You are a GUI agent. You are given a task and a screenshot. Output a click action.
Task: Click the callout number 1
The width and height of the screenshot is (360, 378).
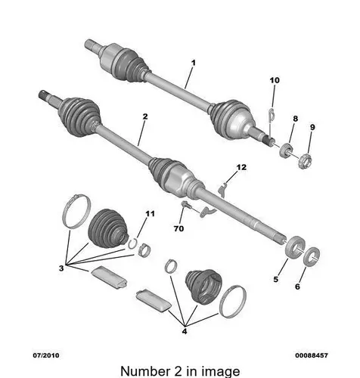tap(194, 63)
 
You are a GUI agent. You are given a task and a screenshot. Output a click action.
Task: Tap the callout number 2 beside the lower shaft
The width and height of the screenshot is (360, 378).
tap(145, 116)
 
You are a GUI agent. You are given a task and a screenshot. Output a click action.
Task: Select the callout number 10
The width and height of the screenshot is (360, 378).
tap(275, 80)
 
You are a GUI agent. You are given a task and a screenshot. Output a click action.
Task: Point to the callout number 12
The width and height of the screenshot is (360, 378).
tap(241, 167)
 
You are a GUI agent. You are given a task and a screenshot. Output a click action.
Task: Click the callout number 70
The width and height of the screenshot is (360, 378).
tap(178, 228)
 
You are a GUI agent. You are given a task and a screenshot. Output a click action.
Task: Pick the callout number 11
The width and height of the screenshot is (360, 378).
tap(150, 214)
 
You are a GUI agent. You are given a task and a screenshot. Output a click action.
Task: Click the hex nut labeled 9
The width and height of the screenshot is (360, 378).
tap(305, 161)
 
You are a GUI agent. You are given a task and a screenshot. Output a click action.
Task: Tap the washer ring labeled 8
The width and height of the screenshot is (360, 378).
tap(286, 150)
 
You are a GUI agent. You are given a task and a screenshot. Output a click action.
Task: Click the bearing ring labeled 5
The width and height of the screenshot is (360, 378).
tap(294, 247)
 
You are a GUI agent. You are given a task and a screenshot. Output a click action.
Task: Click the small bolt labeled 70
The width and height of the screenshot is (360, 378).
tap(186, 205)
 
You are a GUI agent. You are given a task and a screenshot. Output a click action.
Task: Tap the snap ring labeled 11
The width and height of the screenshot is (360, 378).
tap(132, 243)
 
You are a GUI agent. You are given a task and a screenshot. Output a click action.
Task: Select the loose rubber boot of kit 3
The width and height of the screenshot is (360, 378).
tap(108, 228)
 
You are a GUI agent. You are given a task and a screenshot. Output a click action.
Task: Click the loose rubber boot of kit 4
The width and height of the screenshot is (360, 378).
tap(203, 285)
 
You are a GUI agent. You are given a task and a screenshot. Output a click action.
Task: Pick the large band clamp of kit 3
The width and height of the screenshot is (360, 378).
tap(76, 211)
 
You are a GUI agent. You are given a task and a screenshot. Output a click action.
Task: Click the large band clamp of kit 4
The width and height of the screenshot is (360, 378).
tap(233, 302)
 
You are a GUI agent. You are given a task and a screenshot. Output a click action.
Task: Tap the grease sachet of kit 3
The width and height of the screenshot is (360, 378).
tap(109, 277)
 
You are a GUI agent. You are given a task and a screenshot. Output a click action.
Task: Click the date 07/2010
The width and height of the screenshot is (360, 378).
tap(46, 355)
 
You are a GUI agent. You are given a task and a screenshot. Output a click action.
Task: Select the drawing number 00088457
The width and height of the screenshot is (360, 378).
tap(312, 355)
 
